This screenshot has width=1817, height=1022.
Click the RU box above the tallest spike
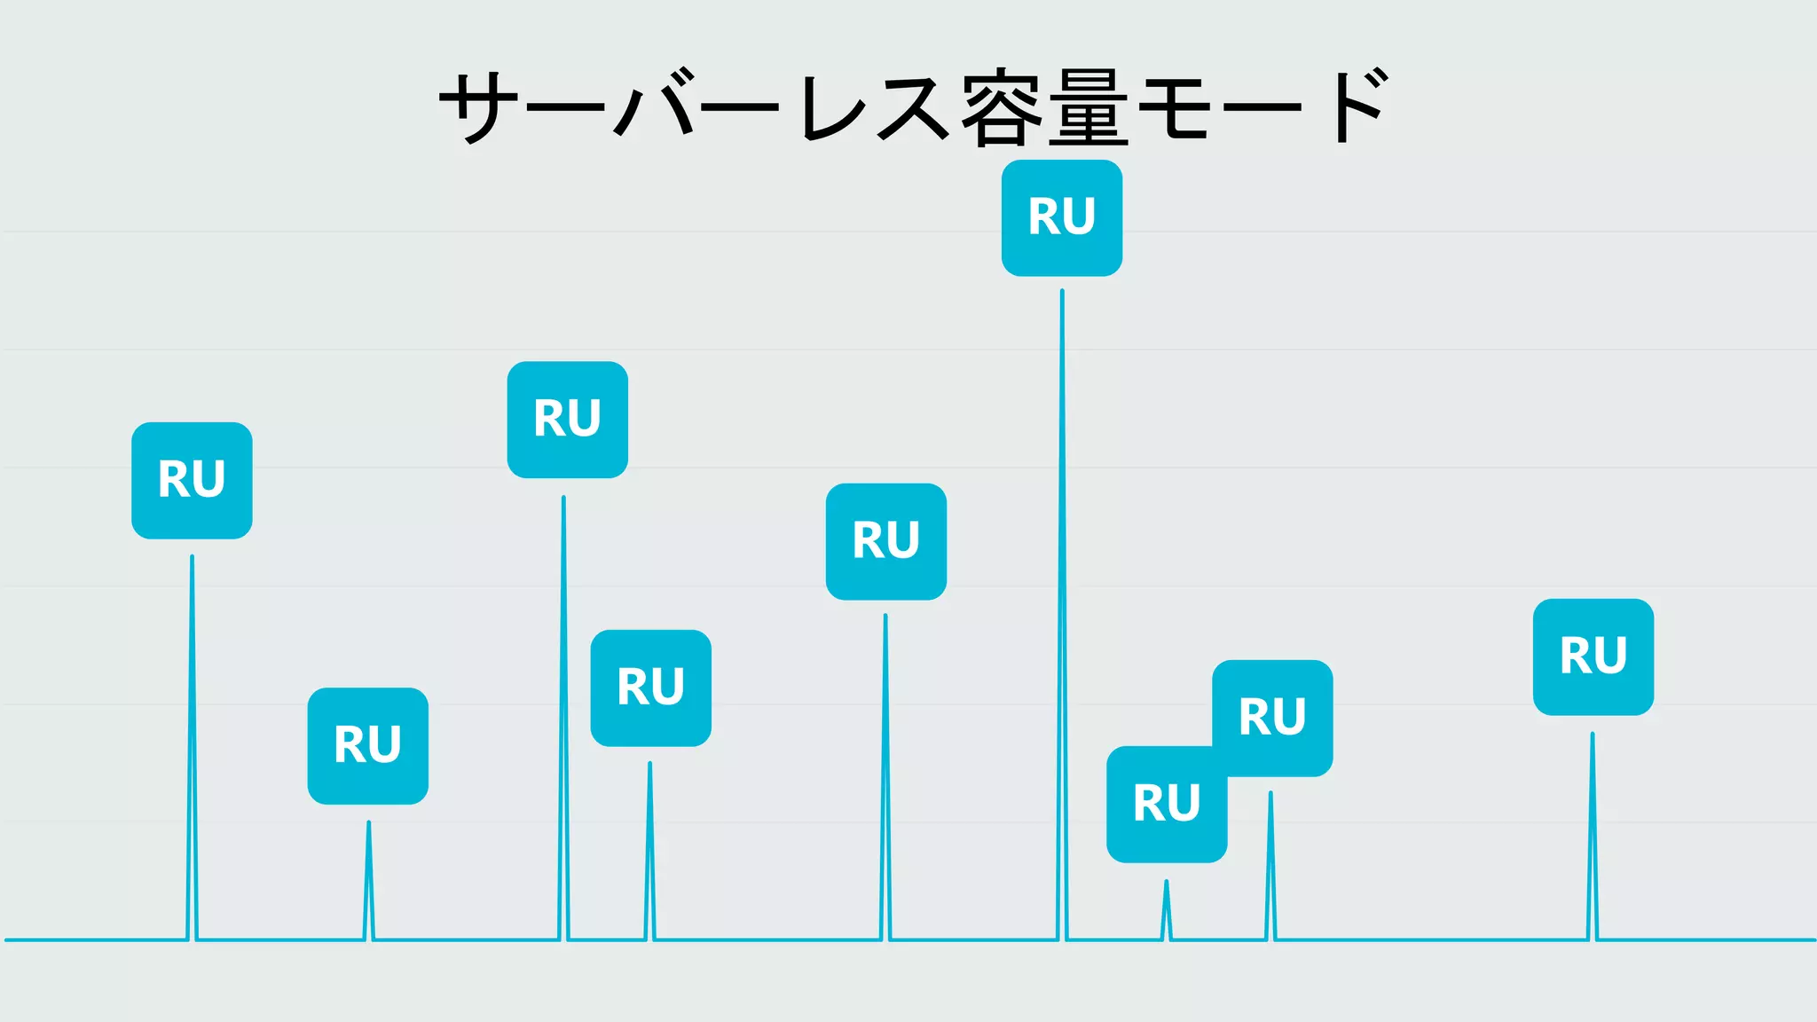[1061, 218]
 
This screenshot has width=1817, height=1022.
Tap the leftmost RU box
[192, 480]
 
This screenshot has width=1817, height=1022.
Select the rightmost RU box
[1593, 656]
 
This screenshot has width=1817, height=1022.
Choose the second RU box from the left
[367, 745]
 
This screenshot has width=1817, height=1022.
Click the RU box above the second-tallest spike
[567, 419]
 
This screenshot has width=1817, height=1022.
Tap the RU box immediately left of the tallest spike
[885, 541]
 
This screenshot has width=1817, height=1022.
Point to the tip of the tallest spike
[1062, 292]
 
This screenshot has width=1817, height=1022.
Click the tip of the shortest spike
[1166, 882]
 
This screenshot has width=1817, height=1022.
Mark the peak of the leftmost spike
[192, 558]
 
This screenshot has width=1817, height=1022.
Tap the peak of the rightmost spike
[1592, 735]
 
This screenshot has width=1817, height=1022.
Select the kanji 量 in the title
[1088, 107]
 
